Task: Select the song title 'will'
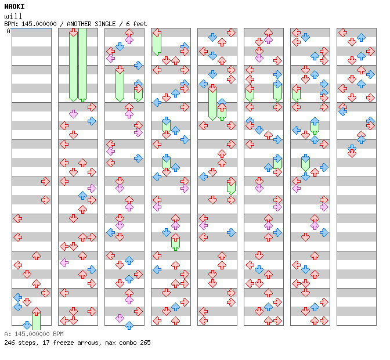[x=12, y=16]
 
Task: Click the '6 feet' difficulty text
[x=134, y=24]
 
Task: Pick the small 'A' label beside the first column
[x=8, y=31]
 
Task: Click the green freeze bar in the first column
[x=36, y=319]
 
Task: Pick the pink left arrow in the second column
[x=64, y=262]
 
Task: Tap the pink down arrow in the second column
[x=73, y=114]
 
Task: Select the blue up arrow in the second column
[x=82, y=196]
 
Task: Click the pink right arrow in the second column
[x=92, y=188]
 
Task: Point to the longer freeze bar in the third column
[x=120, y=84]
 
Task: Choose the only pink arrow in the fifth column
[x=204, y=225]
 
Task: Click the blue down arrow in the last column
[x=352, y=153]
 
